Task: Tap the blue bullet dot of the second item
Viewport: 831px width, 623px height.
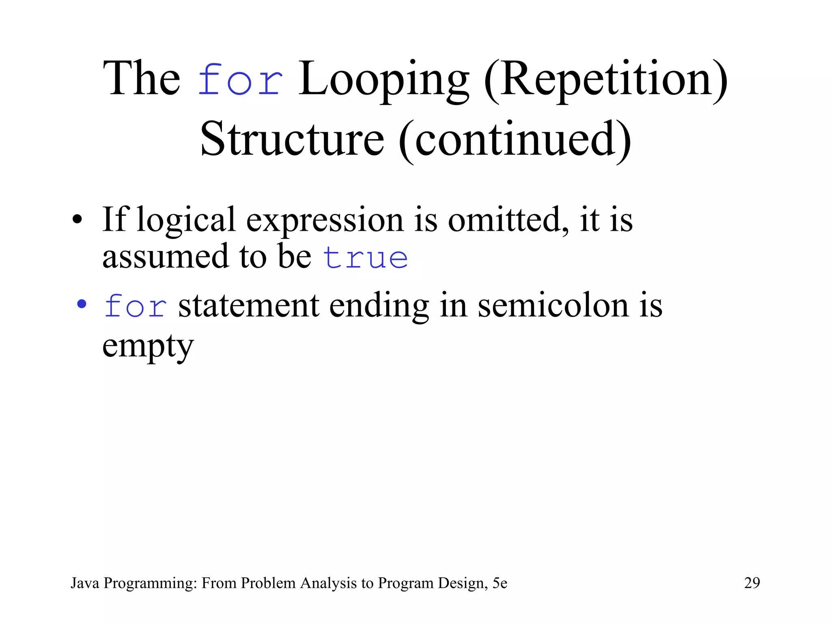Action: coord(82,304)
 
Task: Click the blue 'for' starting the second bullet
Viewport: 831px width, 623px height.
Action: coord(136,306)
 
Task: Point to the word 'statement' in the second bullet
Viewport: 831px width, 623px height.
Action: coord(248,306)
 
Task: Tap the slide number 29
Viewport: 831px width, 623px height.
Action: coord(752,583)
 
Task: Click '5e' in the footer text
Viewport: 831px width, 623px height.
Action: coord(500,583)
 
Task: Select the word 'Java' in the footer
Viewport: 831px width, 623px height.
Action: coord(85,583)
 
